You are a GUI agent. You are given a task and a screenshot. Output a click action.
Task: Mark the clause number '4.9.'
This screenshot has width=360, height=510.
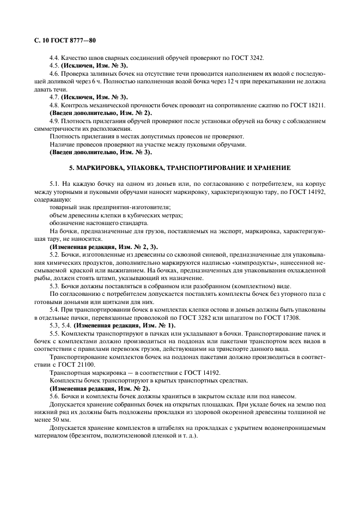click(55, 120)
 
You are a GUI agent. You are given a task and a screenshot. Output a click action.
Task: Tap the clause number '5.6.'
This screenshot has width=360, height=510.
click(55, 395)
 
